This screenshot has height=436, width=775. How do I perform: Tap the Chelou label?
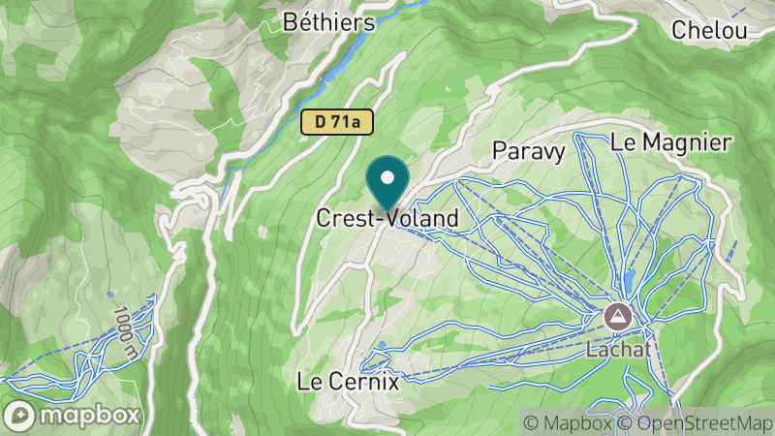click(711, 30)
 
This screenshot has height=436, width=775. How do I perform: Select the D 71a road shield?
click(336, 122)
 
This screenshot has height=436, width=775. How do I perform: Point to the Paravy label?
click(528, 150)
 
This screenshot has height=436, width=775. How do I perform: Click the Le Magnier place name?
click(670, 142)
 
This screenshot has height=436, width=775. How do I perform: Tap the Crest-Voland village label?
click(387, 219)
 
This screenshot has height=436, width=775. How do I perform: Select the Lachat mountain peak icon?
click(615, 316)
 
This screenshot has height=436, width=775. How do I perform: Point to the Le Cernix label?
click(349, 381)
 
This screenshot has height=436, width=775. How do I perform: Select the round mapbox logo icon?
click(22, 415)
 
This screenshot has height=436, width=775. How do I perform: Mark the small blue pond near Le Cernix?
click(386, 344)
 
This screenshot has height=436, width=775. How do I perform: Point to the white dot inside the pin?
click(388, 178)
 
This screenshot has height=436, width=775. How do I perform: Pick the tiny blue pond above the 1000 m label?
click(110, 294)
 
